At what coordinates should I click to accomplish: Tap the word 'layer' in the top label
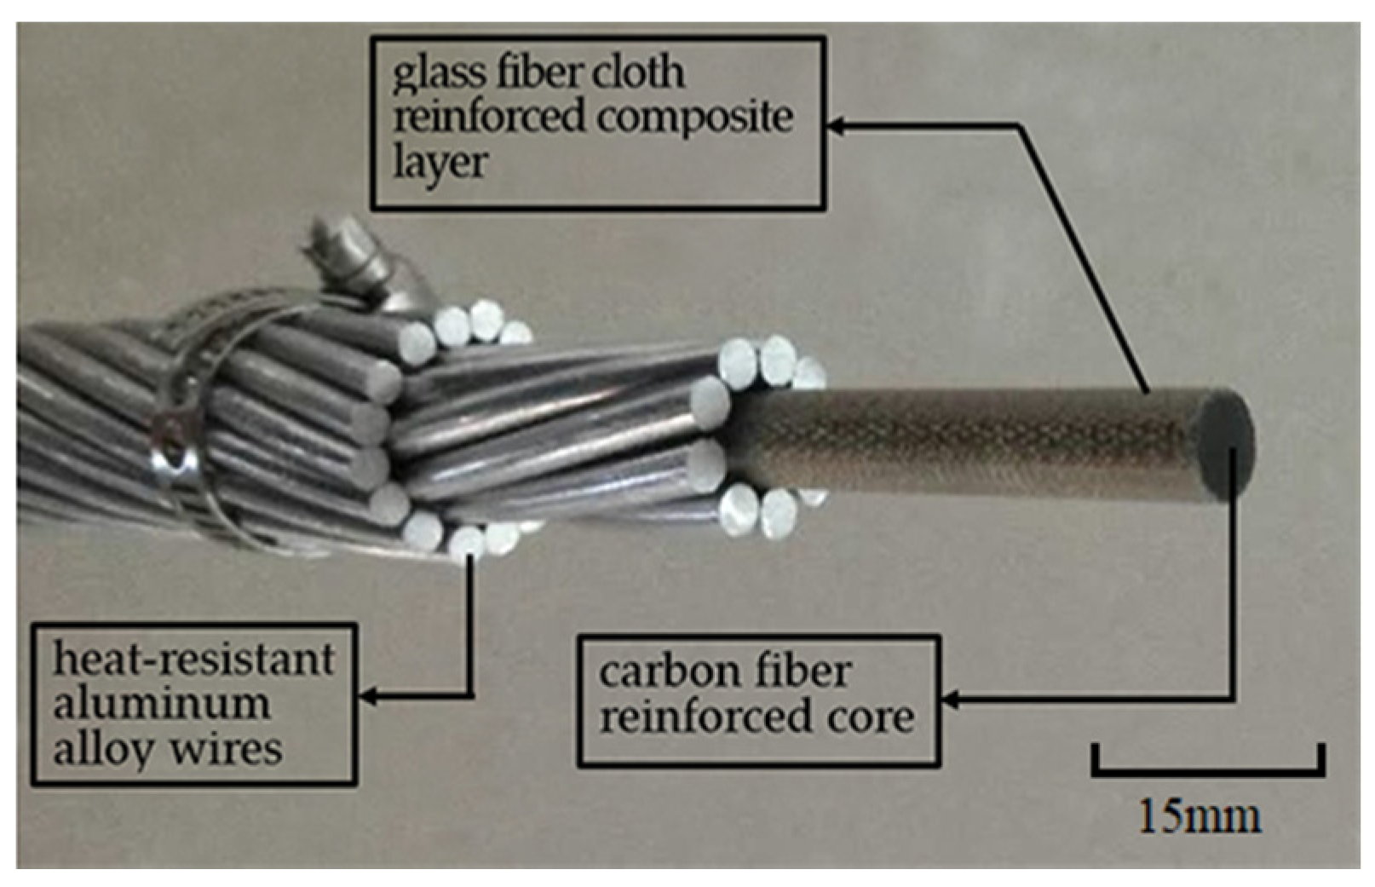[440, 163]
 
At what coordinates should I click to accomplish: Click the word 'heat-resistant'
[193, 659]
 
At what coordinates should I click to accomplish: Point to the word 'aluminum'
[162, 705]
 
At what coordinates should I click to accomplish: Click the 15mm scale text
[1200, 816]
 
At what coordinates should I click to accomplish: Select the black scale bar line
[1208, 773]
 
